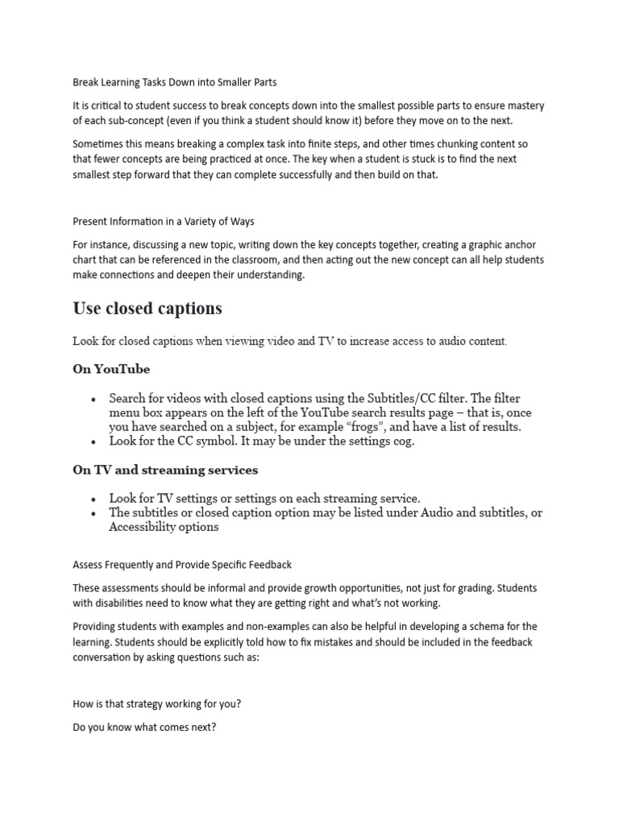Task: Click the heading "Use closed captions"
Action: tap(147, 309)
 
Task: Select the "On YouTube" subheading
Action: tap(111, 369)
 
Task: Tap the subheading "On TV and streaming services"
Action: tap(165, 470)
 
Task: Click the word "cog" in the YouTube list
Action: tap(402, 442)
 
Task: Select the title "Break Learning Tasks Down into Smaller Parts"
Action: tap(175, 82)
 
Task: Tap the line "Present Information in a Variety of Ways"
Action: tap(164, 221)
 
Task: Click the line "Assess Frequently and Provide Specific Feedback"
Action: tap(182, 564)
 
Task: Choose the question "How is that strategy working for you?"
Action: tap(156, 703)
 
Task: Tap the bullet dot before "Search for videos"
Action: tap(94, 399)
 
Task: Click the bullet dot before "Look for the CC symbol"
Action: tap(94, 442)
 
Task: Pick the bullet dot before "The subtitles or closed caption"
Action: tap(94, 513)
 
